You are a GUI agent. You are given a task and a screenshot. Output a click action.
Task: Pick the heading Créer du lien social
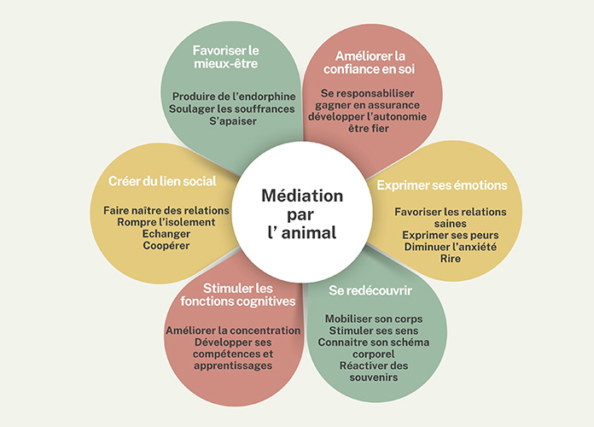pos(162,181)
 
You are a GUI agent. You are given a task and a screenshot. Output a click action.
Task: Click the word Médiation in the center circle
pos(302,196)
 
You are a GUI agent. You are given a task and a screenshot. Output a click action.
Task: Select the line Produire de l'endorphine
pos(232,96)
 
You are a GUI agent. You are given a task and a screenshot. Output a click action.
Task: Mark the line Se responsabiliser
pos(368,91)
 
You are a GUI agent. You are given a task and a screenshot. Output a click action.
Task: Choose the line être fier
pos(368,130)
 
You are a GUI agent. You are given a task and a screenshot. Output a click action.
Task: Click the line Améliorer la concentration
pos(232,330)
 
